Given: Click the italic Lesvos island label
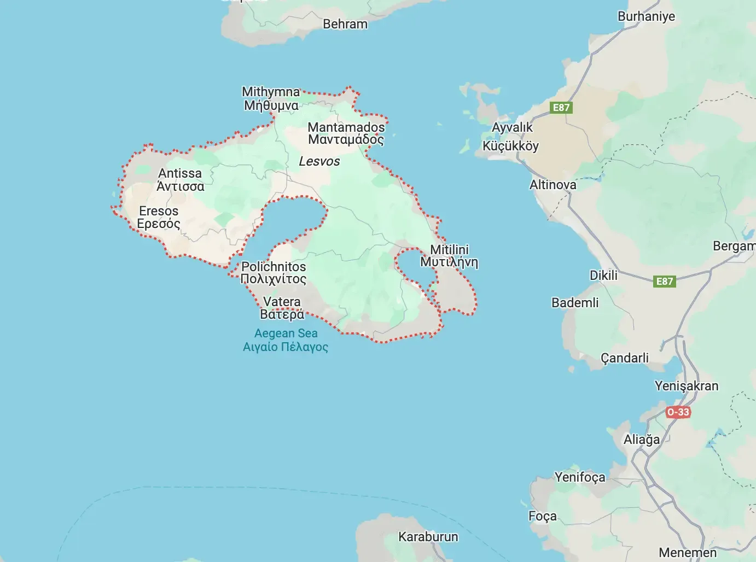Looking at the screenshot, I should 319,161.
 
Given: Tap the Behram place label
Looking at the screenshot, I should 345,24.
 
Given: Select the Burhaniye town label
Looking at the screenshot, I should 646,16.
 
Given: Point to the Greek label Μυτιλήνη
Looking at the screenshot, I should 449,262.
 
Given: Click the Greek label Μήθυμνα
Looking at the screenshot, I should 271,105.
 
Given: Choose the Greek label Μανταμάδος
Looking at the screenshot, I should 346,139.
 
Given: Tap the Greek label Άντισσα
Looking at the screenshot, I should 181,186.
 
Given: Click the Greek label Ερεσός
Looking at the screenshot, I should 159,224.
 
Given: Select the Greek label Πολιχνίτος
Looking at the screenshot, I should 274,279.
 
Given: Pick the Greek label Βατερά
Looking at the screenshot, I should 282,314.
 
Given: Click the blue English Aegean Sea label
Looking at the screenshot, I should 286,333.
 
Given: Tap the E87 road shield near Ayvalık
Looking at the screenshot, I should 561,107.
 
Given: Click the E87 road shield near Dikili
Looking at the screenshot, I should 664,281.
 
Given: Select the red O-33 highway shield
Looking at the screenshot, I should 678,412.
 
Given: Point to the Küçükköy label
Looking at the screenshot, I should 510,146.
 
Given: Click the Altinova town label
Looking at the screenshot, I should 553,185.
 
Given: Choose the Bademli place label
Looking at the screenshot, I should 575,303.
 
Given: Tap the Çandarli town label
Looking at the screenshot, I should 625,358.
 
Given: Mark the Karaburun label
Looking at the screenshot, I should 428,537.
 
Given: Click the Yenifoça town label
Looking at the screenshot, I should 580,477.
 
